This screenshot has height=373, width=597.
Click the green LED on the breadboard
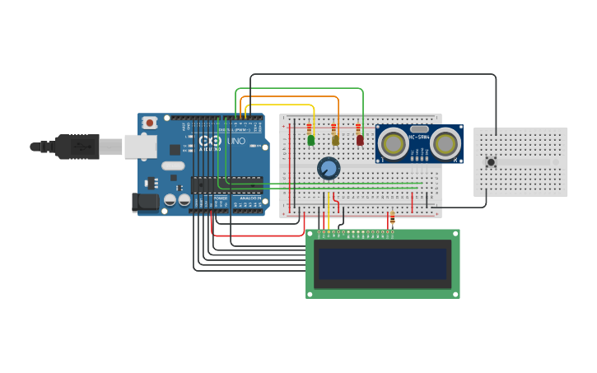coord(311,140)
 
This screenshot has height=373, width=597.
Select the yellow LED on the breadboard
coord(335,141)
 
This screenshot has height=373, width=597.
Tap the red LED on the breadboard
coord(360,141)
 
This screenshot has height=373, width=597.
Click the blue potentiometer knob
coord(329,169)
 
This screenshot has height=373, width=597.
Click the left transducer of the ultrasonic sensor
coord(394,144)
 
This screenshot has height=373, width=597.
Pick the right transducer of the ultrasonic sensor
coord(445,144)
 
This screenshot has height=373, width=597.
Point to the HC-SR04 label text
coord(419,137)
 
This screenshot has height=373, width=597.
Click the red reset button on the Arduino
coord(150,123)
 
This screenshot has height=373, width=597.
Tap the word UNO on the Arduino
coord(236,142)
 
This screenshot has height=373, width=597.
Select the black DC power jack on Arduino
coord(145,202)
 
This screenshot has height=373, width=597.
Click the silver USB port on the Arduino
coord(141,147)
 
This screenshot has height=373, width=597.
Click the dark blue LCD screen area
coord(383,263)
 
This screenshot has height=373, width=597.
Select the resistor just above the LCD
coord(392,221)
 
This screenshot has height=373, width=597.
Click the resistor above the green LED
coord(310,128)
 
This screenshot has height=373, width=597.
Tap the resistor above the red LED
coord(358,128)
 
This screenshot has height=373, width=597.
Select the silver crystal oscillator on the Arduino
coord(173,166)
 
